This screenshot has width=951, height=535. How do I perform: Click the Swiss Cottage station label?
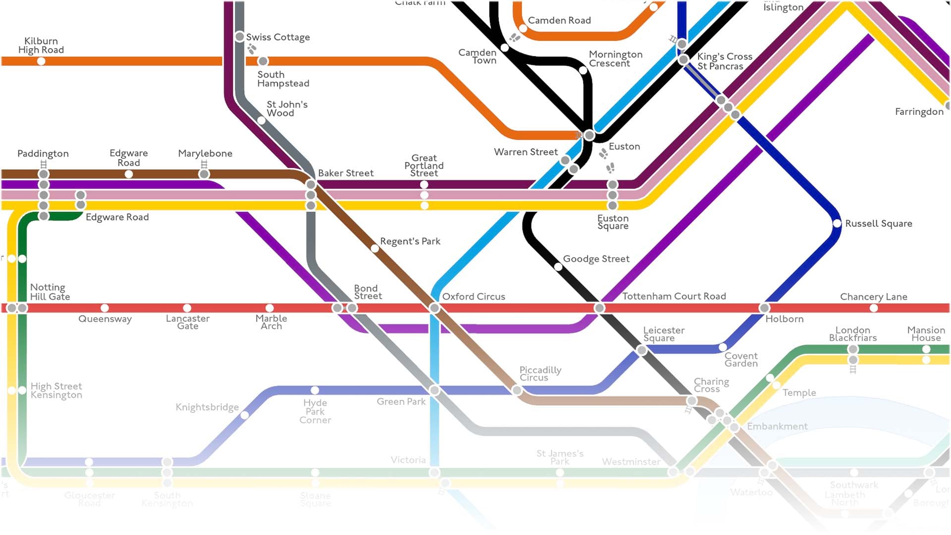pyautogui.click(x=278, y=37)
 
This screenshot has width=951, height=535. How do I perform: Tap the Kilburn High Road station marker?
pyautogui.click(x=41, y=61)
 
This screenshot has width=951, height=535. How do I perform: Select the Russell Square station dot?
pyautogui.click(x=837, y=223)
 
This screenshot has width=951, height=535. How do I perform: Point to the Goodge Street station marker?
pyautogui.click(x=558, y=267)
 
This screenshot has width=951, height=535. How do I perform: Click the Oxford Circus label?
pyautogui.click(x=474, y=297)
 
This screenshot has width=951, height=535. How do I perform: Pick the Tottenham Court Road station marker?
pyautogui.click(x=599, y=308)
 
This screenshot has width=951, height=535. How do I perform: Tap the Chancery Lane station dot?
pyautogui.click(x=874, y=308)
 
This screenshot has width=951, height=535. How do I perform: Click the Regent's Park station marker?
pyautogui.click(x=375, y=248)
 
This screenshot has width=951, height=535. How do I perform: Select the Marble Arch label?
pyautogui.click(x=271, y=322)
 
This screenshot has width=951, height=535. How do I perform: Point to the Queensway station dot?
pyautogui.click(x=105, y=308)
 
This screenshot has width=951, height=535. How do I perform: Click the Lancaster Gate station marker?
pyautogui.click(x=187, y=308)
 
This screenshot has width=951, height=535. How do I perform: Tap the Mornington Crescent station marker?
pyautogui.click(x=583, y=70)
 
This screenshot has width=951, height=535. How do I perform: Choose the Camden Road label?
pyautogui.click(x=559, y=20)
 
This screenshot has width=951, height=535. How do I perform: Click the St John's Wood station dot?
pyautogui.click(x=261, y=120)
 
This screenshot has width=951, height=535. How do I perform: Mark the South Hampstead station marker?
pyautogui.click(x=263, y=61)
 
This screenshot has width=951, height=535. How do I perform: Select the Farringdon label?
pyautogui.click(x=919, y=112)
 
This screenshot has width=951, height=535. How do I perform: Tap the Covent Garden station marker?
pyautogui.click(x=723, y=347)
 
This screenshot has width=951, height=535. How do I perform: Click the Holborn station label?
pyautogui.click(x=785, y=319)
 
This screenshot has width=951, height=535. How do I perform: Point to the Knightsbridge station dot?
pyautogui.click(x=244, y=415)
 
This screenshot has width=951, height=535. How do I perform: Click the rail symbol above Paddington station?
pyautogui.click(x=44, y=164)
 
